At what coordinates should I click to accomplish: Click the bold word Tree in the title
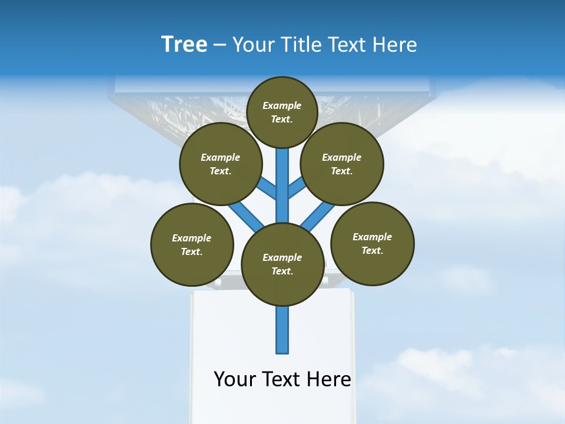click(184, 45)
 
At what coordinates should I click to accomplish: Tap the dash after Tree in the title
click(220, 45)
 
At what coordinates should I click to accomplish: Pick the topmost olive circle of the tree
click(282, 112)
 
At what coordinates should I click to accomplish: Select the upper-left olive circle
click(221, 164)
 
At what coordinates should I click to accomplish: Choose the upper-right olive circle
click(342, 164)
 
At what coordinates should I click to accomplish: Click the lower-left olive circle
click(192, 244)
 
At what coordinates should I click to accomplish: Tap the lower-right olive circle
click(373, 243)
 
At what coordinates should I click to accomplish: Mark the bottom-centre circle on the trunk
click(282, 264)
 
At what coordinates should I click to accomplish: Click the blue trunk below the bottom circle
click(282, 330)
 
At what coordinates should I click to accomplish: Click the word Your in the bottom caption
click(234, 379)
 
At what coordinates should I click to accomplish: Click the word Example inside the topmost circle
click(282, 105)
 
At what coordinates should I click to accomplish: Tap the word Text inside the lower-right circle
click(371, 250)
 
